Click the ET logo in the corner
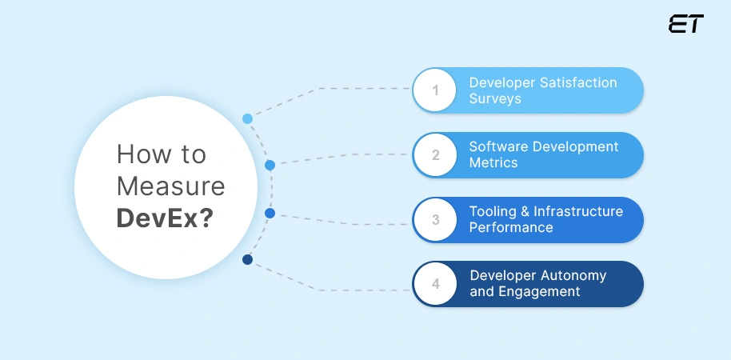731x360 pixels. click(685, 25)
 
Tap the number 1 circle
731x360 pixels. click(436, 90)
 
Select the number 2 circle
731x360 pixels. click(436, 155)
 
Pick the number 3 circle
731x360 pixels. click(436, 219)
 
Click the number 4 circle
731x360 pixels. click(436, 284)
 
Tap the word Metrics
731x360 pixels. click(493, 162)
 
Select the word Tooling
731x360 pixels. click(493, 212)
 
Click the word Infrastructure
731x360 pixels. click(578, 211)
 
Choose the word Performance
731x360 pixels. click(511, 227)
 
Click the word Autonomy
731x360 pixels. click(571, 275)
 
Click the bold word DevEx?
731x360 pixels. click(164, 218)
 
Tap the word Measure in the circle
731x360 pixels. click(170, 186)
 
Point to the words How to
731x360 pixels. click(161, 154)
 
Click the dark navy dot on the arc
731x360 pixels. click(247, 259)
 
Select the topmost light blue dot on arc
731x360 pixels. click(247, 118)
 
